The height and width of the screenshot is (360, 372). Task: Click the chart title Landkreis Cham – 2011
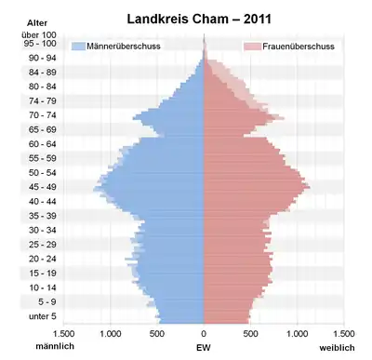click(x=199, y=20)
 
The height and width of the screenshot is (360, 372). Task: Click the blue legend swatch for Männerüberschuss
click(x=78, y=47)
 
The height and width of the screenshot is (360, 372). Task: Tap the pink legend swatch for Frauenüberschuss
click(x=252, y=47)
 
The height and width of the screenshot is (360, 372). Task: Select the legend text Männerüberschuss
click(x=124, y=47)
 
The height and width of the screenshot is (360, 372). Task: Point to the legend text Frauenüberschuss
click(x=299, y=47)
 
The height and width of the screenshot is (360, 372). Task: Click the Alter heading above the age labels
click(x=37, y=23)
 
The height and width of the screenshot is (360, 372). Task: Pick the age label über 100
click(x=39, y=35)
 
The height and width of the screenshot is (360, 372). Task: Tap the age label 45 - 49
click(x=43, y=187)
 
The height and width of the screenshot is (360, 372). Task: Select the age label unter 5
click(x=43, y=316)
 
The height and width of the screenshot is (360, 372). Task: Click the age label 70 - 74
click(x=43, y=115)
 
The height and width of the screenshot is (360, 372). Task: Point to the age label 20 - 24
click(x=43, y=259)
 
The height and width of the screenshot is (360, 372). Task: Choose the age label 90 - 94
click(x=43, y=58)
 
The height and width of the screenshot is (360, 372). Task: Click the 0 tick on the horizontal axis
click(x=204, y=334)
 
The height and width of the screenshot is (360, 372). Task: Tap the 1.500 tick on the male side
click(x=63, y=334)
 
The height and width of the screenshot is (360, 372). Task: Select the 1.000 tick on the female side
click(x=298, y=334)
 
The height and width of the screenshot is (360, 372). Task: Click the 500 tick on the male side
click(x=157, y=334)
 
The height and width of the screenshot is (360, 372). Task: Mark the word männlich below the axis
click(x=55, y=346)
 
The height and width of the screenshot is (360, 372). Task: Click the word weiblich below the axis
click(x=337, y=348)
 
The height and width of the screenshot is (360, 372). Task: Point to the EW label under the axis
click(x=204, y=348)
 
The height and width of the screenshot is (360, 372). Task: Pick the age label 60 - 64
click(x=43, y=144)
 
